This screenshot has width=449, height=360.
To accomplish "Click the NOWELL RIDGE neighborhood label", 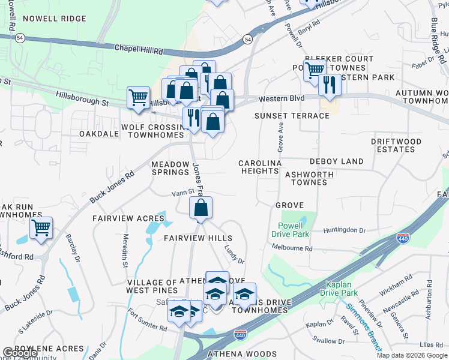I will (x=55, y=19).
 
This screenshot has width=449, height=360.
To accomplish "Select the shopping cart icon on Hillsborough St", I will (x=138, y=97).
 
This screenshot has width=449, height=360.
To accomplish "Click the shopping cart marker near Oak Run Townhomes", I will (x=41, y=228).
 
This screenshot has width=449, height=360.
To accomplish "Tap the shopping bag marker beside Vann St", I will (x=200, y=208).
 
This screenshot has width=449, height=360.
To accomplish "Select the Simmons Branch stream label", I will (x=363, y=326).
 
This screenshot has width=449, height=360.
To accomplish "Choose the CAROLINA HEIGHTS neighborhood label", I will (x=260, y=167).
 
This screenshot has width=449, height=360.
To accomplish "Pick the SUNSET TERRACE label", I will (x=292, y=115).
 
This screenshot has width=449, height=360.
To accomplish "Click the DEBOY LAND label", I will (x=336, y=161).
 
